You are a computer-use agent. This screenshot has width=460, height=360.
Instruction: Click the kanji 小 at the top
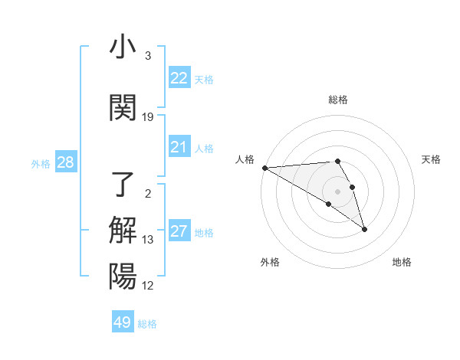point(123,47)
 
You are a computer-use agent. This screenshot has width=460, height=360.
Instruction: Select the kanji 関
point(123,108)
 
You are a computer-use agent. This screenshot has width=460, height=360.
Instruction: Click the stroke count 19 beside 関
point(148,117)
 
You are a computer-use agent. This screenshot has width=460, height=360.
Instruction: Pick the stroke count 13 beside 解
point(148,240)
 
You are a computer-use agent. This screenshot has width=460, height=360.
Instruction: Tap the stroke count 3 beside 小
point(148,56)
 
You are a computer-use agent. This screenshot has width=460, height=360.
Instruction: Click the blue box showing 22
point(179,78)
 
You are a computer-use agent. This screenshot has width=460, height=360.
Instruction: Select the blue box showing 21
point(179,147)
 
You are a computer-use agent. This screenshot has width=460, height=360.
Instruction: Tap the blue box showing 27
point(179,231)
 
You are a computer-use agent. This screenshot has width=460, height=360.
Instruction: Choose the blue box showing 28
point(65,162)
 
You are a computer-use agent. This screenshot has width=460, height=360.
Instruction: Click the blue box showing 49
point(123,322)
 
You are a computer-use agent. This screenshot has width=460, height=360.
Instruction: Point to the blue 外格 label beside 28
point(41,163)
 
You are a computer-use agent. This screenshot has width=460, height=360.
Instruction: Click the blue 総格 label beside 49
point(147,324)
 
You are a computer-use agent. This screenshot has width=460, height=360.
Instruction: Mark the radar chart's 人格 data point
point(264,168)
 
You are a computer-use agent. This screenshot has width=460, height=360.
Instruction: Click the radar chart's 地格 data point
point(364,229)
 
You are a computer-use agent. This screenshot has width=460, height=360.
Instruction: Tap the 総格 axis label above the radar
point(337,100)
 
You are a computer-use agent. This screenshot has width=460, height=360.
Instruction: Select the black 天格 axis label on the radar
point(431,159)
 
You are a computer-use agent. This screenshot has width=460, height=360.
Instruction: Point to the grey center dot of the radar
point(337,191)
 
